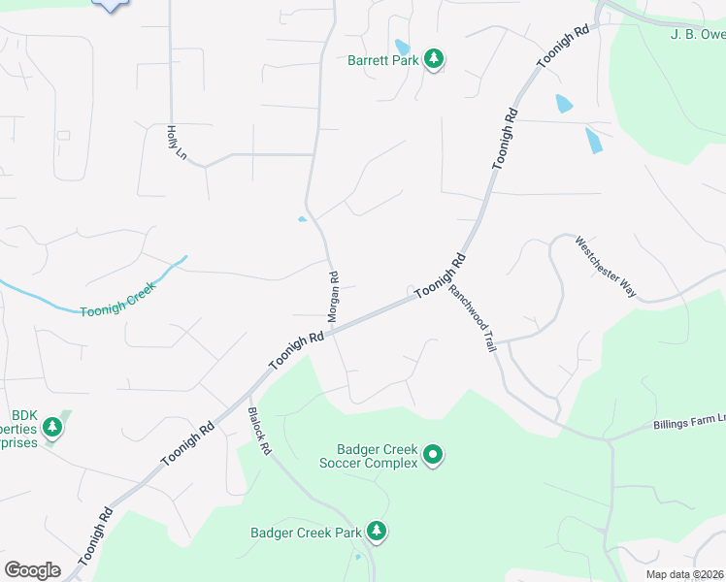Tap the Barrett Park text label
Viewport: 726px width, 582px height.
[x=384, y=60]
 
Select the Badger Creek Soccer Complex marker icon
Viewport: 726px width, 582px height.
[x=433, y=454]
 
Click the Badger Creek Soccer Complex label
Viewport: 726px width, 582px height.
[x=378, y=456]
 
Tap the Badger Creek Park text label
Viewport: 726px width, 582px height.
[x=305, y=532]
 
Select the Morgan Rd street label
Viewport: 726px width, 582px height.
[x=332, y=296]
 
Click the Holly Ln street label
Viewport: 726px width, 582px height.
[x=177, y=142]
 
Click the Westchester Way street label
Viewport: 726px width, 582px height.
[x=606, y=266]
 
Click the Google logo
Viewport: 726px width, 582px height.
[x=32, y=570]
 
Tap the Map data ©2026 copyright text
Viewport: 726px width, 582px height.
[x=685, y=574]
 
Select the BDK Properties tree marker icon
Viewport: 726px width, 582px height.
[x=53, y=428]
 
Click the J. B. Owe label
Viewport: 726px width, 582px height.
[x=698, y=35]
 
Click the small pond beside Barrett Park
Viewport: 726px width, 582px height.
[x=402, y=47]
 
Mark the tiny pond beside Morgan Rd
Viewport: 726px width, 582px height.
[x=302, y=219]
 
